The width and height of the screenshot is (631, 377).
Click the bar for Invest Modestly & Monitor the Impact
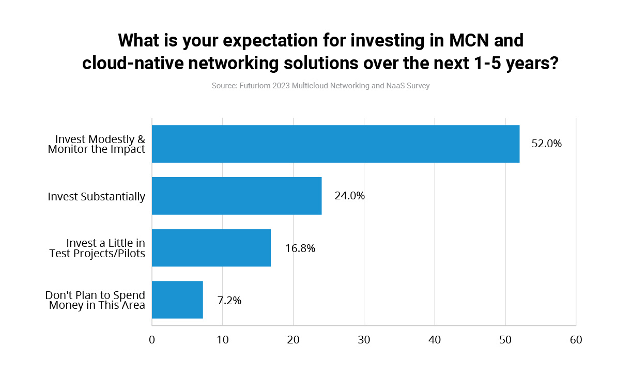coord(335,144)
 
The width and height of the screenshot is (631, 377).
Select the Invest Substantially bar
coord(237,196)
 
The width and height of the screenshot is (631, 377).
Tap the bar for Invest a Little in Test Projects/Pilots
coord(211,248)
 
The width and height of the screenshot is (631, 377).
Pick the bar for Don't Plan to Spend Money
coord(177,300)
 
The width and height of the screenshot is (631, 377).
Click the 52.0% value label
coord(546,144)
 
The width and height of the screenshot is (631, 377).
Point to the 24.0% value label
coord(349,196)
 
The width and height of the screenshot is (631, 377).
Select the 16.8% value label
coord(300,248)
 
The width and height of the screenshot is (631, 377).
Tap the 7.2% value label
coord(229,301)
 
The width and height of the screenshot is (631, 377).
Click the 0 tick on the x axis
coord(152,340)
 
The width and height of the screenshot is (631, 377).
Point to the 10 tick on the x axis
coord(223,340)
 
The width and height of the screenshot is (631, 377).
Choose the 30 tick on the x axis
coord(364,340)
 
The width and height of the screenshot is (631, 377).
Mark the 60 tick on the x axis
coord(576,340)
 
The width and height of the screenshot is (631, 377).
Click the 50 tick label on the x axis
coord(505,340)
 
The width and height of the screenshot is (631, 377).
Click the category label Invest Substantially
coord(96,197)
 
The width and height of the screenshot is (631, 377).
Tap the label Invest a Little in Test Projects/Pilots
coord(97,248)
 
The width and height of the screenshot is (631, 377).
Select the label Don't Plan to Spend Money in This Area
coord(95,300)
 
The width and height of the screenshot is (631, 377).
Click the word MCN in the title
coord(469,40)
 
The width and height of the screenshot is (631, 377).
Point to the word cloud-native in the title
coord(133,63)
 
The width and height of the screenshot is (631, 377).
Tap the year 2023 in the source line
coord(281,86)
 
